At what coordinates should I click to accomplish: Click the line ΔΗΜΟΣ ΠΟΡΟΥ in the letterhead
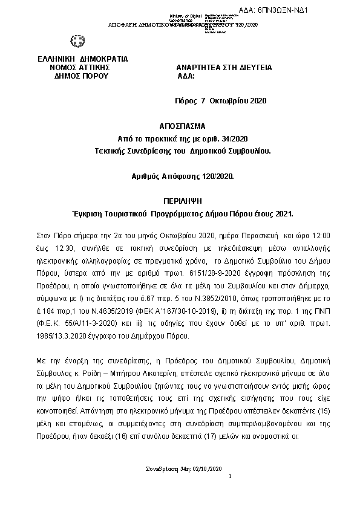click(x=81, y=77)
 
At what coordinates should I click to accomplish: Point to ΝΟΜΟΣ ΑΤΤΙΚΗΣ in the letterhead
click(x=82, y=68)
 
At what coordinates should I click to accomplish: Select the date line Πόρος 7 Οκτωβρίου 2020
click(x=216, y=101)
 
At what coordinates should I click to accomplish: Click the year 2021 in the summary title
click(x=282, y=214)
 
